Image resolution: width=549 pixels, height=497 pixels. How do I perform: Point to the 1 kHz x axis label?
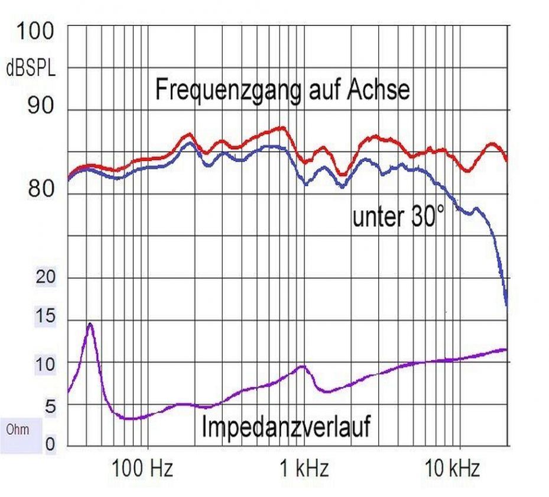pyautogui.click(x=304, y=470)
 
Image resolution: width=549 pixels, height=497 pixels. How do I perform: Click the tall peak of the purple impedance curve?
pyautogui.click(x=89, y=324)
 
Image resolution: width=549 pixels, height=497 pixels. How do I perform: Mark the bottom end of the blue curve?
pyautogui.click(x=507, y=305)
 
